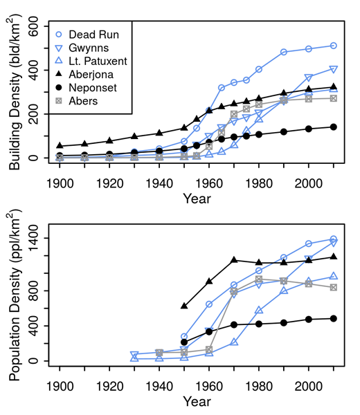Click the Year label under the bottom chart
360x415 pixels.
(197, 400)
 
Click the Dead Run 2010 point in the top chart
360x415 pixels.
(333, 46)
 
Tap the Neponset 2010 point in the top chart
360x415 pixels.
(333, 127)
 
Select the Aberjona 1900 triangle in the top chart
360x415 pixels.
(60, 146)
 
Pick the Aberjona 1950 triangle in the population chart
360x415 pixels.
(184, 306)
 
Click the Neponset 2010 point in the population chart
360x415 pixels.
(333, 318)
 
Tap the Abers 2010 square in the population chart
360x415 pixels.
(333, 287)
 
